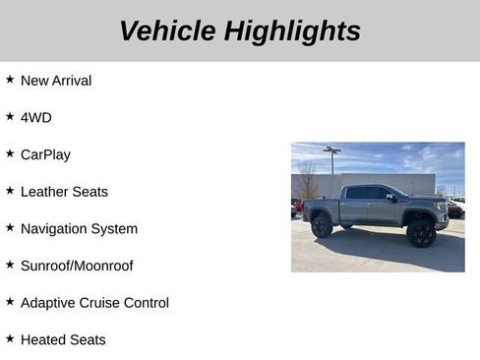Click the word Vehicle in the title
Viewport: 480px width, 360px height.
click(x=167, y=31)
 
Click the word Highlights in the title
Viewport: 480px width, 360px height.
click(x=292, y=31)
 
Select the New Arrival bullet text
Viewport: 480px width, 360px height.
click(x=56, y=81)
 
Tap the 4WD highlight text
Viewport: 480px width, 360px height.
click(x=36, y=118)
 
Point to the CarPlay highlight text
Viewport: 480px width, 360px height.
click(x=45, y=154)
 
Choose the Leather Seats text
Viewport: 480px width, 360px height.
click(x=64, y=192)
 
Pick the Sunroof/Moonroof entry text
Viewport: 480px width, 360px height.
click(x=77, y=266)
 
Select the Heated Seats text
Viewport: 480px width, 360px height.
click(x=63, y=340)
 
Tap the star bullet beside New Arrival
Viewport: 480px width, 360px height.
click(x=10, y=80)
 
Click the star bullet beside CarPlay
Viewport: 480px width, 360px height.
click(x=10, y=153)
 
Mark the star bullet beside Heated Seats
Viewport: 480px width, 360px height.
click(x=10, y=338)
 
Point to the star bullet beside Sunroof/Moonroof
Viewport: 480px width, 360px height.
click(x=10, y=265)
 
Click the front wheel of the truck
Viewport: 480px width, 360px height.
click(x=422, y=234)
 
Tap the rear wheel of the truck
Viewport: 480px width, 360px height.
click(x=322, y=227)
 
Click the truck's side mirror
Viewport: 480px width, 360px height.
click(x=391, y=198)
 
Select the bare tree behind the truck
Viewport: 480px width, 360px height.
click(x=309, y=181)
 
